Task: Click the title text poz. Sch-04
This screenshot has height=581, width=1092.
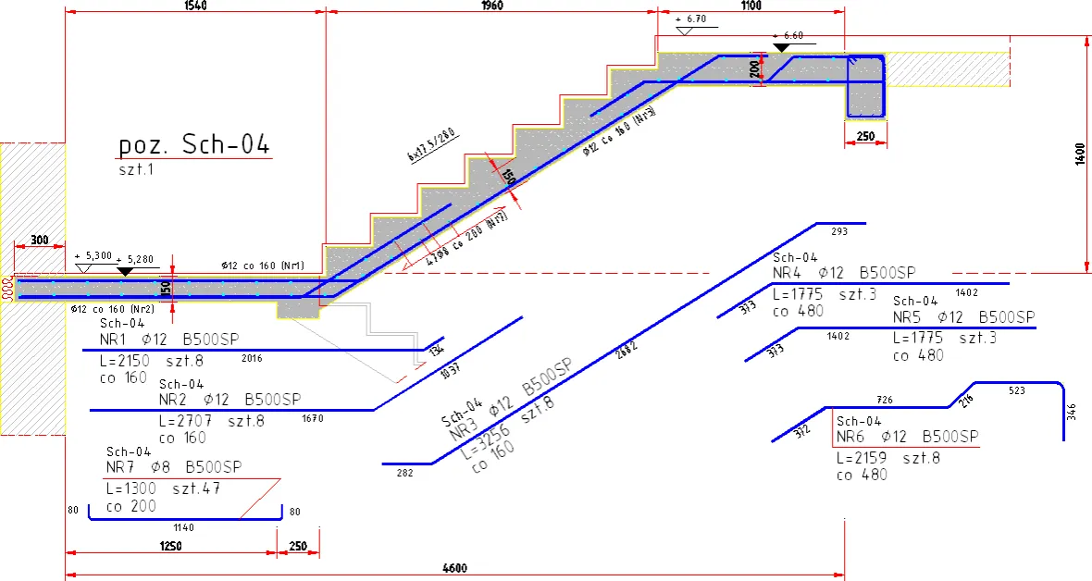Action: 194,145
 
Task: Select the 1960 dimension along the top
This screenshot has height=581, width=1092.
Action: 491,6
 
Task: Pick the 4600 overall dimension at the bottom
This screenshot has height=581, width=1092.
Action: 454,567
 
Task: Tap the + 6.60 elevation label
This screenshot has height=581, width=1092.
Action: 788,35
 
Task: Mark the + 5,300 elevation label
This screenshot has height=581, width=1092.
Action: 93,256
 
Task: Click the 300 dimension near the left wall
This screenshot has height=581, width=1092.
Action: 39,240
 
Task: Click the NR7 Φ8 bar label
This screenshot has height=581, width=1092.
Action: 174,466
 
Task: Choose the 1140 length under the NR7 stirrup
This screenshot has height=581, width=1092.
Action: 184,527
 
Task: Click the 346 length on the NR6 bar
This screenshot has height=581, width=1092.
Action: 1071,411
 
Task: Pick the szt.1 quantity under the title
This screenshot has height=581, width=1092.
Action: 137,170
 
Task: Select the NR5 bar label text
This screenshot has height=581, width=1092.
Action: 963,317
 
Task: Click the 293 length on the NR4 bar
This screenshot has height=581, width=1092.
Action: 839,231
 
